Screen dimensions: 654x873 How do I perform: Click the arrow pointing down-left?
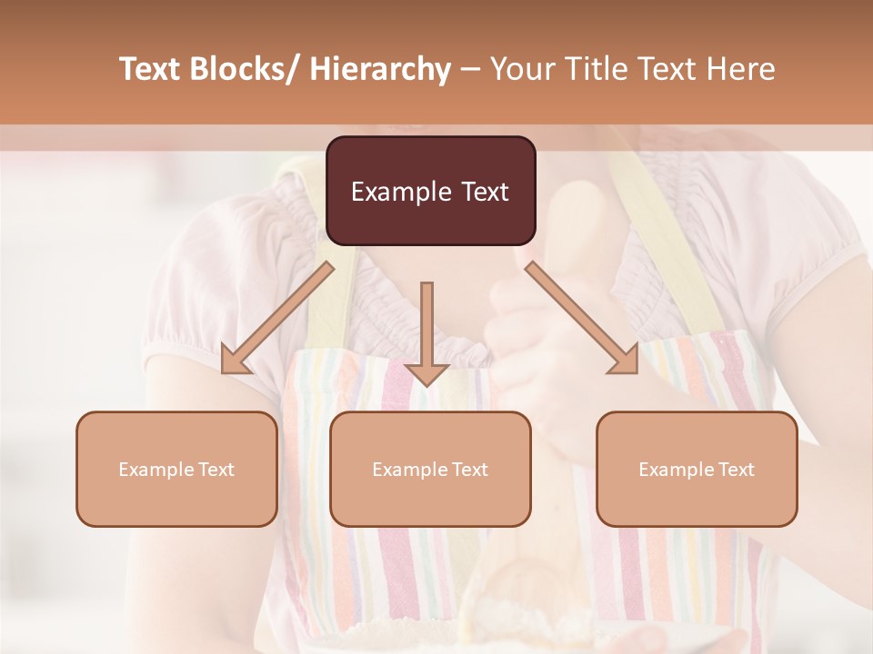coord(277,318)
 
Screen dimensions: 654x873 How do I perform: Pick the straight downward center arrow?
coord(426,332)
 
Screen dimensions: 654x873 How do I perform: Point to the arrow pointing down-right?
coord(582,318)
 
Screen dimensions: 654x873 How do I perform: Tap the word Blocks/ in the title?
coord(247,70)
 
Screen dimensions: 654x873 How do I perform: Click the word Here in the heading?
coord(740,70)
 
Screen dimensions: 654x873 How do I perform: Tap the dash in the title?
coord(470,70)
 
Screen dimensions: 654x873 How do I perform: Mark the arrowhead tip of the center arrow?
coord(426,386)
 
